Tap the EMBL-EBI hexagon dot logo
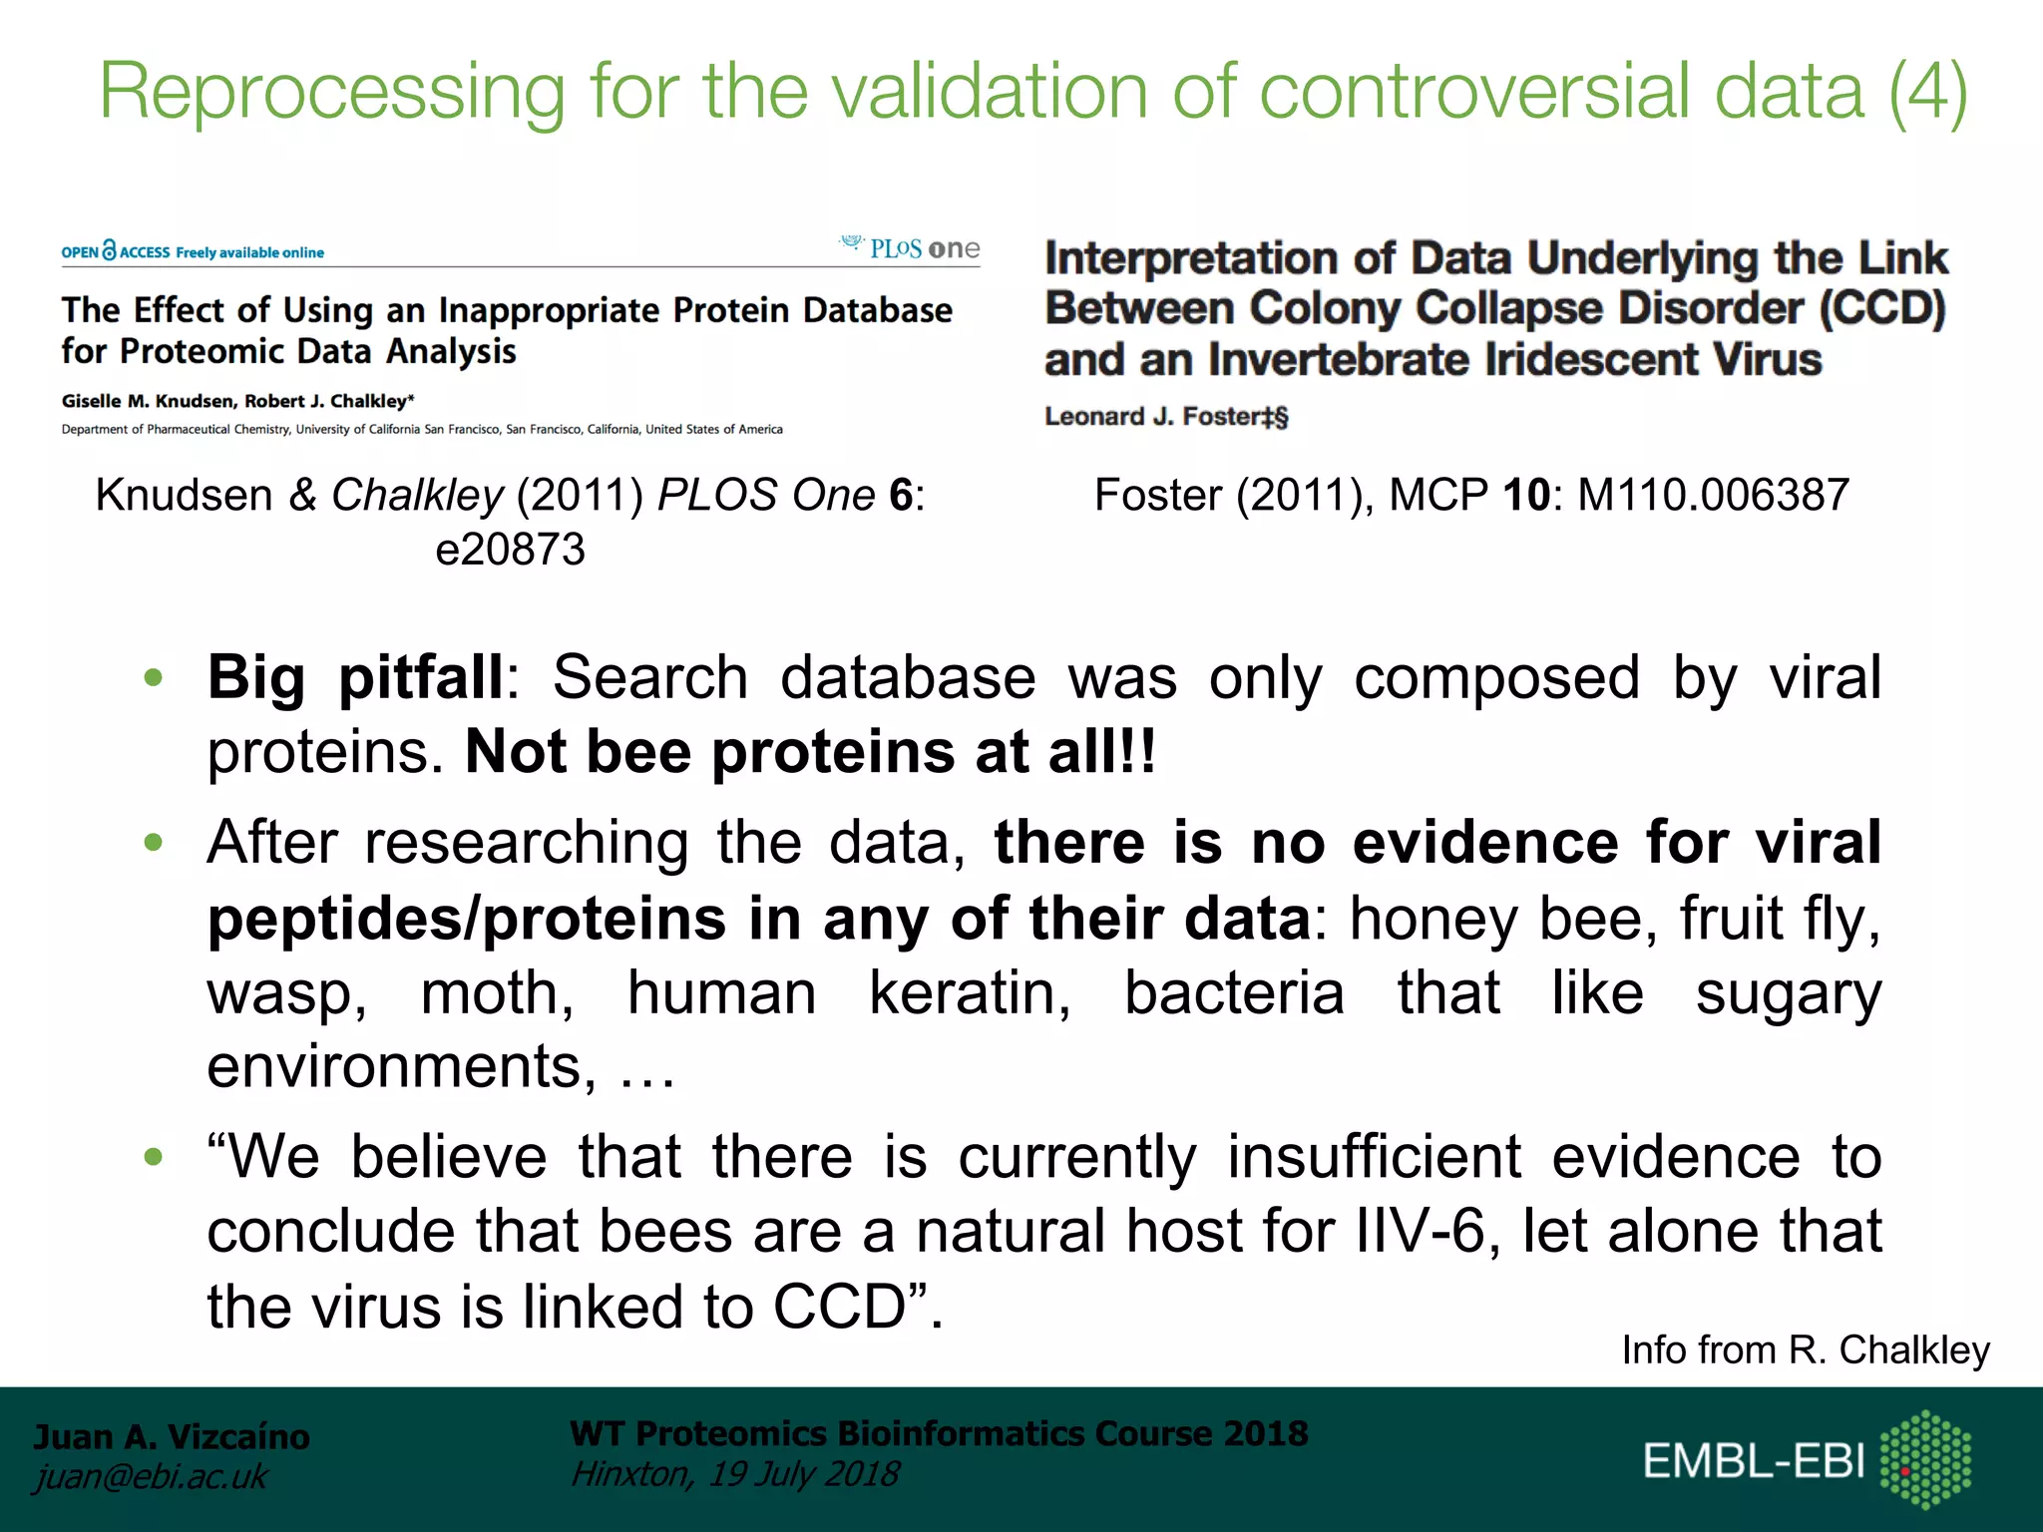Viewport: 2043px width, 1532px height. (1925, 1458)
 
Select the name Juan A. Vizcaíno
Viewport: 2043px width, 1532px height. (172, 1436)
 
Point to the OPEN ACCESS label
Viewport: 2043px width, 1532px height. (117, 251)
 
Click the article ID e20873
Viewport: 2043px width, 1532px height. (510, 550)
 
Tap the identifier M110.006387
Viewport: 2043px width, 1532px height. (1713, 495)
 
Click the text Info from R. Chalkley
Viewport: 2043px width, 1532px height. (1806, 1349)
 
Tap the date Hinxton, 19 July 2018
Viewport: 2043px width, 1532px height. (735, 1474)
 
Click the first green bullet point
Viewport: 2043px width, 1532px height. (153, 678)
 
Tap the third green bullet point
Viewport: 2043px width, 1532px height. (153, 1157)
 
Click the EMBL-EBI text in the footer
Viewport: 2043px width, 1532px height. (1754, 1461)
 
